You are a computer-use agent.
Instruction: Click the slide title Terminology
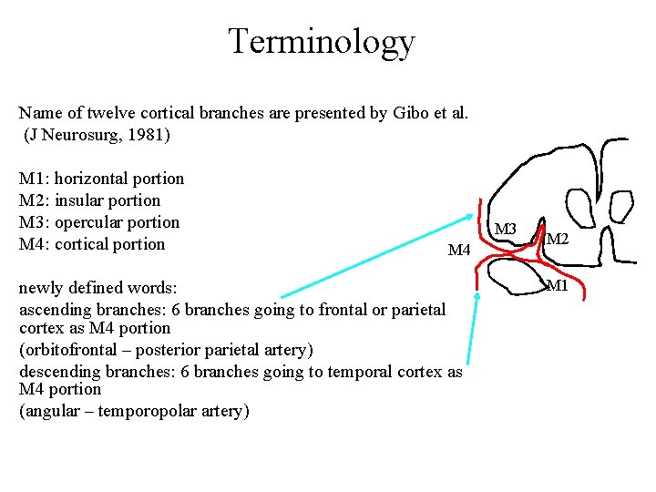321,41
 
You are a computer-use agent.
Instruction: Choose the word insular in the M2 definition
79,200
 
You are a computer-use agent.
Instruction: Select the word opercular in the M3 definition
87,222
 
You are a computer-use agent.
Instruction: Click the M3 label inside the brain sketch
505,229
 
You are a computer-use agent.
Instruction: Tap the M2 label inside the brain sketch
558,240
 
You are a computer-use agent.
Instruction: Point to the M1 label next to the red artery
557,287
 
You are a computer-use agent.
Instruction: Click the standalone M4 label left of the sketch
459,251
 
